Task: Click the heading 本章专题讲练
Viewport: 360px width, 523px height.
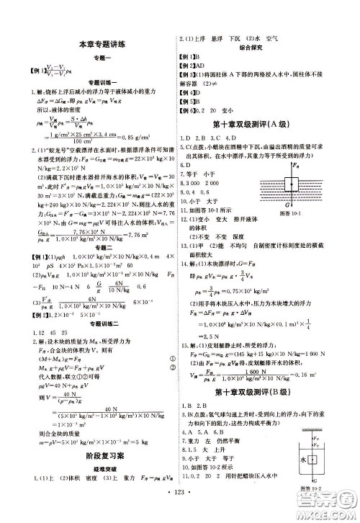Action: pos(102,45)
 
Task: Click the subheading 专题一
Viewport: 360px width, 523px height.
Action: pos(102,57)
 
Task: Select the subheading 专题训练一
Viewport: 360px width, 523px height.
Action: pos(102,82)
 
